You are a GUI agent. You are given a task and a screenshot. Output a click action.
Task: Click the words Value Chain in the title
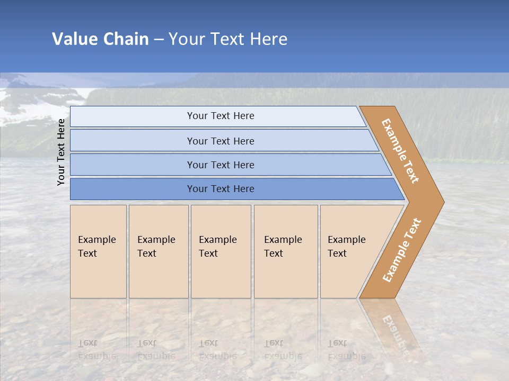[x=100, y=39]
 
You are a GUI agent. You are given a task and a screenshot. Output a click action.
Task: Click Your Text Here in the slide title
[x=228, y=39]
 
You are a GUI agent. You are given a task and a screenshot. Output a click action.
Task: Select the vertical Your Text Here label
[x=61, y=152]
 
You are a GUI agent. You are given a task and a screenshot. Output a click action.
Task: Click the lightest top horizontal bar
[x=220, y=116]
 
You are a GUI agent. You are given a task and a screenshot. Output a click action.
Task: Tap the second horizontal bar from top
[x=220, y=141]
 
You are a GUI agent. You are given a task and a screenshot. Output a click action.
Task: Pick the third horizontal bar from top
[x=220, y=165]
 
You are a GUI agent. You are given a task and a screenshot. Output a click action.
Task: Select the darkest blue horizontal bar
[x=220, y=189]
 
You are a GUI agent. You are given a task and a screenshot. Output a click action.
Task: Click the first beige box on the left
[x=98, y=251]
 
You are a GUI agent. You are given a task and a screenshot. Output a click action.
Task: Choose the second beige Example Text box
[x=158, y=251]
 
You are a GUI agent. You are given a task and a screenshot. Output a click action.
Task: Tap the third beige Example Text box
[x=221, y=251]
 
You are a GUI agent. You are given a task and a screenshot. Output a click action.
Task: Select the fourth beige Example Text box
[x=286, y=251]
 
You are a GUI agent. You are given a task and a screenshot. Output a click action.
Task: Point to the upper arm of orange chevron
[x=400, y=150]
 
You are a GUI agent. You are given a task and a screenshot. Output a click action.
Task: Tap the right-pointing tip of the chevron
[x=440, y=202]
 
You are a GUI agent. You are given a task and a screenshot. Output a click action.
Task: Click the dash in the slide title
[x=159, y=39]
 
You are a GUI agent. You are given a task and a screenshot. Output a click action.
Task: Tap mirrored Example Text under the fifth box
[x=346, y=349]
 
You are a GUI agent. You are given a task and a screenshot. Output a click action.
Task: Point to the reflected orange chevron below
[x=395, y=328]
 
